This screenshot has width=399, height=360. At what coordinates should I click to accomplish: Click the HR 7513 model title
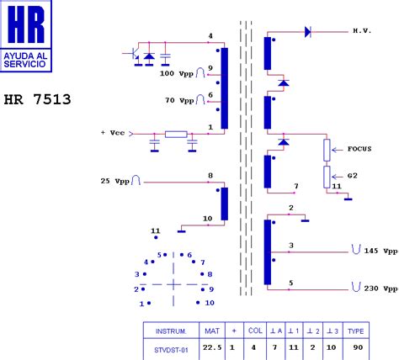pos(37,99)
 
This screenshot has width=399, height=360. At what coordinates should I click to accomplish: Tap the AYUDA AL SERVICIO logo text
pos(24,60)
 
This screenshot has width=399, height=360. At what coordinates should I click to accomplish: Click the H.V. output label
pos(362,31)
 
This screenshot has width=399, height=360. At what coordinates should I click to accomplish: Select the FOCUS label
pos(359,149)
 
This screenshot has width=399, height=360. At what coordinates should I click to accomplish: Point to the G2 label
pos(353,176)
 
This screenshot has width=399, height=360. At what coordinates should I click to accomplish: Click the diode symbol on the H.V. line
pos(308,32)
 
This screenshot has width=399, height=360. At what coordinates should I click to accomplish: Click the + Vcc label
pos(113,133)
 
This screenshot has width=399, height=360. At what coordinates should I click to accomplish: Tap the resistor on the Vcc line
pos(176,135)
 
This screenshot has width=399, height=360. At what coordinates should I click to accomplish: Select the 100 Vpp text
pos(177,74)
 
